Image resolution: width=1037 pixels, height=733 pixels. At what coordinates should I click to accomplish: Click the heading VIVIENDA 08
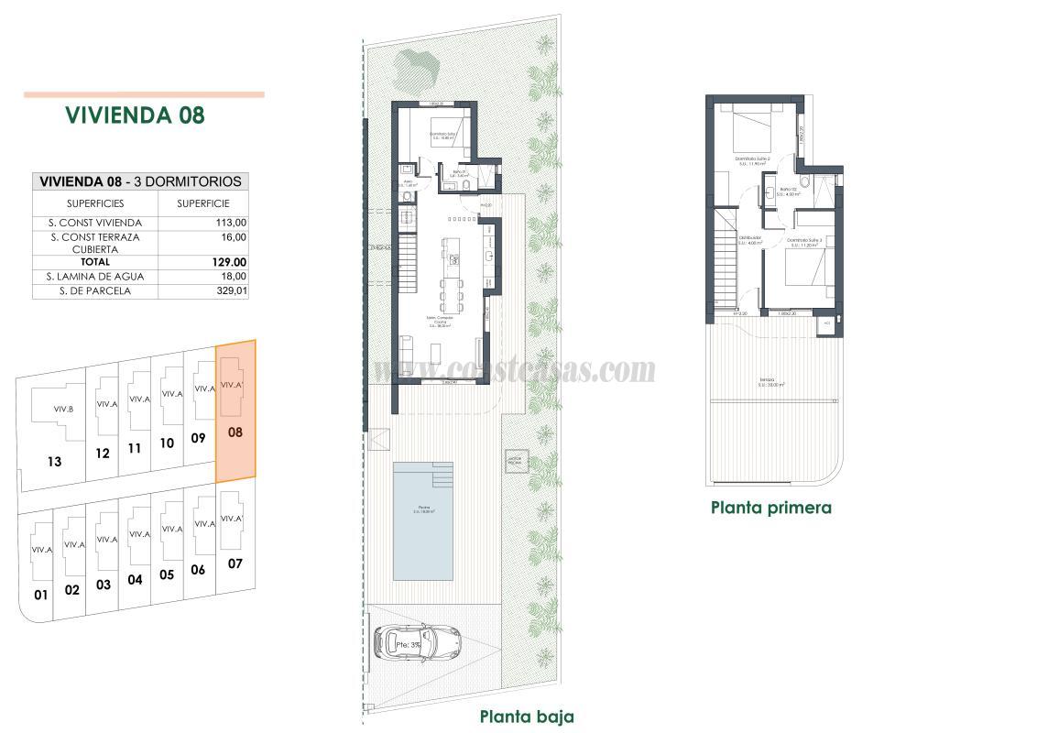[135, 115]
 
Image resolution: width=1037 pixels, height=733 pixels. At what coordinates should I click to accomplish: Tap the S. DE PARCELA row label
[94, 291]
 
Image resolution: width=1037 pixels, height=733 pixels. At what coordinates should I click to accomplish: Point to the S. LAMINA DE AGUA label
[94, 277]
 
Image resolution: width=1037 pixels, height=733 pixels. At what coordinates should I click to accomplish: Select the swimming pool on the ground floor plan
[422, 520]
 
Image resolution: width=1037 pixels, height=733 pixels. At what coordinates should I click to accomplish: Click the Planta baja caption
[527, 717]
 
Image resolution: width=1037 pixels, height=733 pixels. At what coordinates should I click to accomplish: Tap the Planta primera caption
[771, 508]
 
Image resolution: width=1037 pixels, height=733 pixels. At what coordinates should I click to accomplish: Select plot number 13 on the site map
[54, 462]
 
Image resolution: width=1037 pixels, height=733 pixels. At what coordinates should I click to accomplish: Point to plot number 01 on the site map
[40, 595]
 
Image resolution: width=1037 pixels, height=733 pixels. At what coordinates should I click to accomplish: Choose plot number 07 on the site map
[235, 563]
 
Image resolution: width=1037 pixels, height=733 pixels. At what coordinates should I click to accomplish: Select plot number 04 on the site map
[136, 579]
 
